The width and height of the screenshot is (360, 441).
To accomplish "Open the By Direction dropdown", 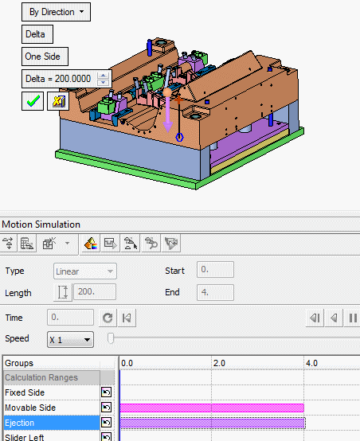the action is [56, 12].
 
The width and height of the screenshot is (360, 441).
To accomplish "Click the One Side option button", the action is [45, 57].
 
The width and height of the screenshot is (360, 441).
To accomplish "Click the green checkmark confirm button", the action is [33, 101].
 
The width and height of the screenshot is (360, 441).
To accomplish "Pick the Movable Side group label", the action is [30, 408].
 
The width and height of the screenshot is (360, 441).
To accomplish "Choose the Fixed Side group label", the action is [25, 392].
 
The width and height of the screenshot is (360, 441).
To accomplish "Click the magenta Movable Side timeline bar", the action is [212, 408].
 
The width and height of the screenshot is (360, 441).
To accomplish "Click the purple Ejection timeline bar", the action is [212, 423].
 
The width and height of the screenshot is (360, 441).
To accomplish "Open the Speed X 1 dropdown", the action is [70, 340].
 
